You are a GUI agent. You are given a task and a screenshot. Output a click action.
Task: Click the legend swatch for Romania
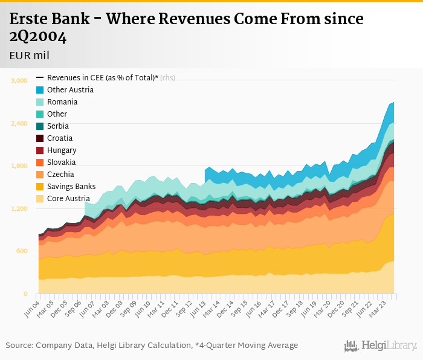[40, 102]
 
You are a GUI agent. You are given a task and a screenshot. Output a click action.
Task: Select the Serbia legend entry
[57, 126]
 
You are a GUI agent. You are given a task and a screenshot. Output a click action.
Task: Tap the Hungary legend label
[61, 150]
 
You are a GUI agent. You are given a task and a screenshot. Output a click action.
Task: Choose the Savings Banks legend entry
[71, 187]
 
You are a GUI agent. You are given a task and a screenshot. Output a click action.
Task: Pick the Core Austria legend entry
[68, 199]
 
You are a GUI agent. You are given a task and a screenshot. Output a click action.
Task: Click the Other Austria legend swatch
[40, 90]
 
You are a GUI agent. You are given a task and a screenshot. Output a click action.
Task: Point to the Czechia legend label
[60, 175]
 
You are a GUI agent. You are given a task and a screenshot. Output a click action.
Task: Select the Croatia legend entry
[59, 138]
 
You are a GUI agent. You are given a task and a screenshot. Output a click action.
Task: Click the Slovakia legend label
[61, 162]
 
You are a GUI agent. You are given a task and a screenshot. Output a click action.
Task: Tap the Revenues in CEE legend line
[40, 78]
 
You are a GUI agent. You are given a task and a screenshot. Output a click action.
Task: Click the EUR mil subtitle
[30, 56]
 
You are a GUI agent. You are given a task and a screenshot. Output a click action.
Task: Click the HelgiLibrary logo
[380, 346]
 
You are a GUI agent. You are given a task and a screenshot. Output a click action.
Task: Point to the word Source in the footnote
[19, 346]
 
